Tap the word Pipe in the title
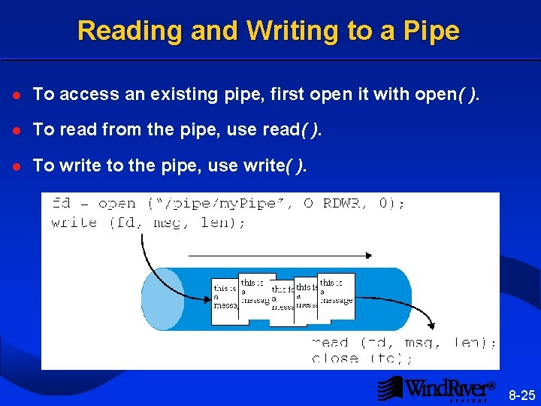431,31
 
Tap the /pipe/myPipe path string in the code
219,204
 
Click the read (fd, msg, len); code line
403,343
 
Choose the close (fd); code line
361,359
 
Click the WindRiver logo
436,389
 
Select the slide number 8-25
521,395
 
